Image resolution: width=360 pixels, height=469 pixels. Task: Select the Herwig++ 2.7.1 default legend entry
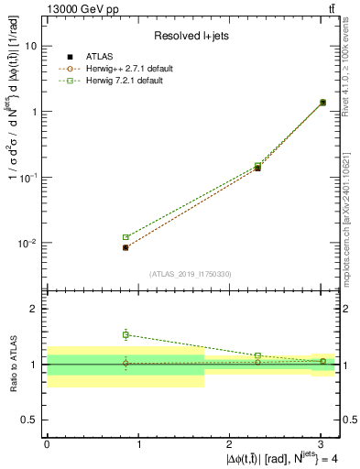click(125, 69)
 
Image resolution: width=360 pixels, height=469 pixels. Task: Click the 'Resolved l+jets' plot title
click(191, 36)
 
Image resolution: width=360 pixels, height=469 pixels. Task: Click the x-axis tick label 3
click(322, 443)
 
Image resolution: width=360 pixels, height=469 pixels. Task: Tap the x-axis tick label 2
click(230, 443)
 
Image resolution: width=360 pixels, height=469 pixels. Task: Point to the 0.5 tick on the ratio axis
click(30, 420)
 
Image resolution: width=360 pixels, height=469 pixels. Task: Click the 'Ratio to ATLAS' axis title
click(13, 364)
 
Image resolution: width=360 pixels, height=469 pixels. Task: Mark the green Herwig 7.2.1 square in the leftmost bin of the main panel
click(125, 237)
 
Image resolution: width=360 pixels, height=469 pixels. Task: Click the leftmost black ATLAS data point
click(125, 247)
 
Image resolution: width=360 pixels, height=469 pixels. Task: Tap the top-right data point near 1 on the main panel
click(322, 103)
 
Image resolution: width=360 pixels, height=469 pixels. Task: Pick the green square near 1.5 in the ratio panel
click(125, 335)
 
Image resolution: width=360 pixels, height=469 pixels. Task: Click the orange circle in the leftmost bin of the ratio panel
click(125, 364)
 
